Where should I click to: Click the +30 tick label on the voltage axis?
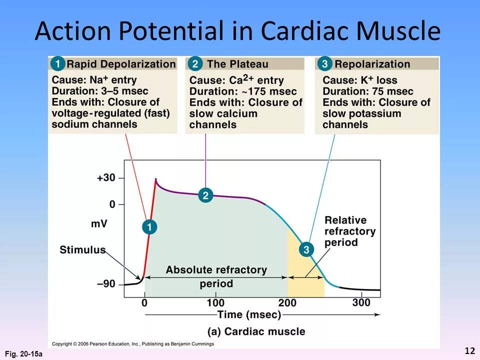click(x=105, y=178)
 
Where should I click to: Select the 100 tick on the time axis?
click(x=215, y=302)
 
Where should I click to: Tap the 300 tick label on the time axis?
click(x=361, y=302)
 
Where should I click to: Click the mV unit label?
click(x=99, y=223)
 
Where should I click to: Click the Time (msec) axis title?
click(x=249, y=314)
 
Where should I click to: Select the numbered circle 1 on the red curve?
click(x=149, y=227)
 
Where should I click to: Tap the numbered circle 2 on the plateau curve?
click(x=205, y=195)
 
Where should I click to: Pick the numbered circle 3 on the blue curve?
click(x=306, y=249)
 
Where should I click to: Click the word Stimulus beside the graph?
click(x=82, y=249)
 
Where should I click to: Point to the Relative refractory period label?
click(x=349, y=231)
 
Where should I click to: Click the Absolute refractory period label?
click(x=216, y=276)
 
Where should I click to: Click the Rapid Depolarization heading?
click(x=121, y=64)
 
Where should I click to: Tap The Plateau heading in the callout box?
click(x=237, y=64)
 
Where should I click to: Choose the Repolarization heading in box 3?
click(x=372, y=64)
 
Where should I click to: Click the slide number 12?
click(x=469, y=351)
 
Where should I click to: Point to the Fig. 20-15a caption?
click(x=23, y=354)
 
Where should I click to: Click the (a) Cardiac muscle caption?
click(x=256, y=331)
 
